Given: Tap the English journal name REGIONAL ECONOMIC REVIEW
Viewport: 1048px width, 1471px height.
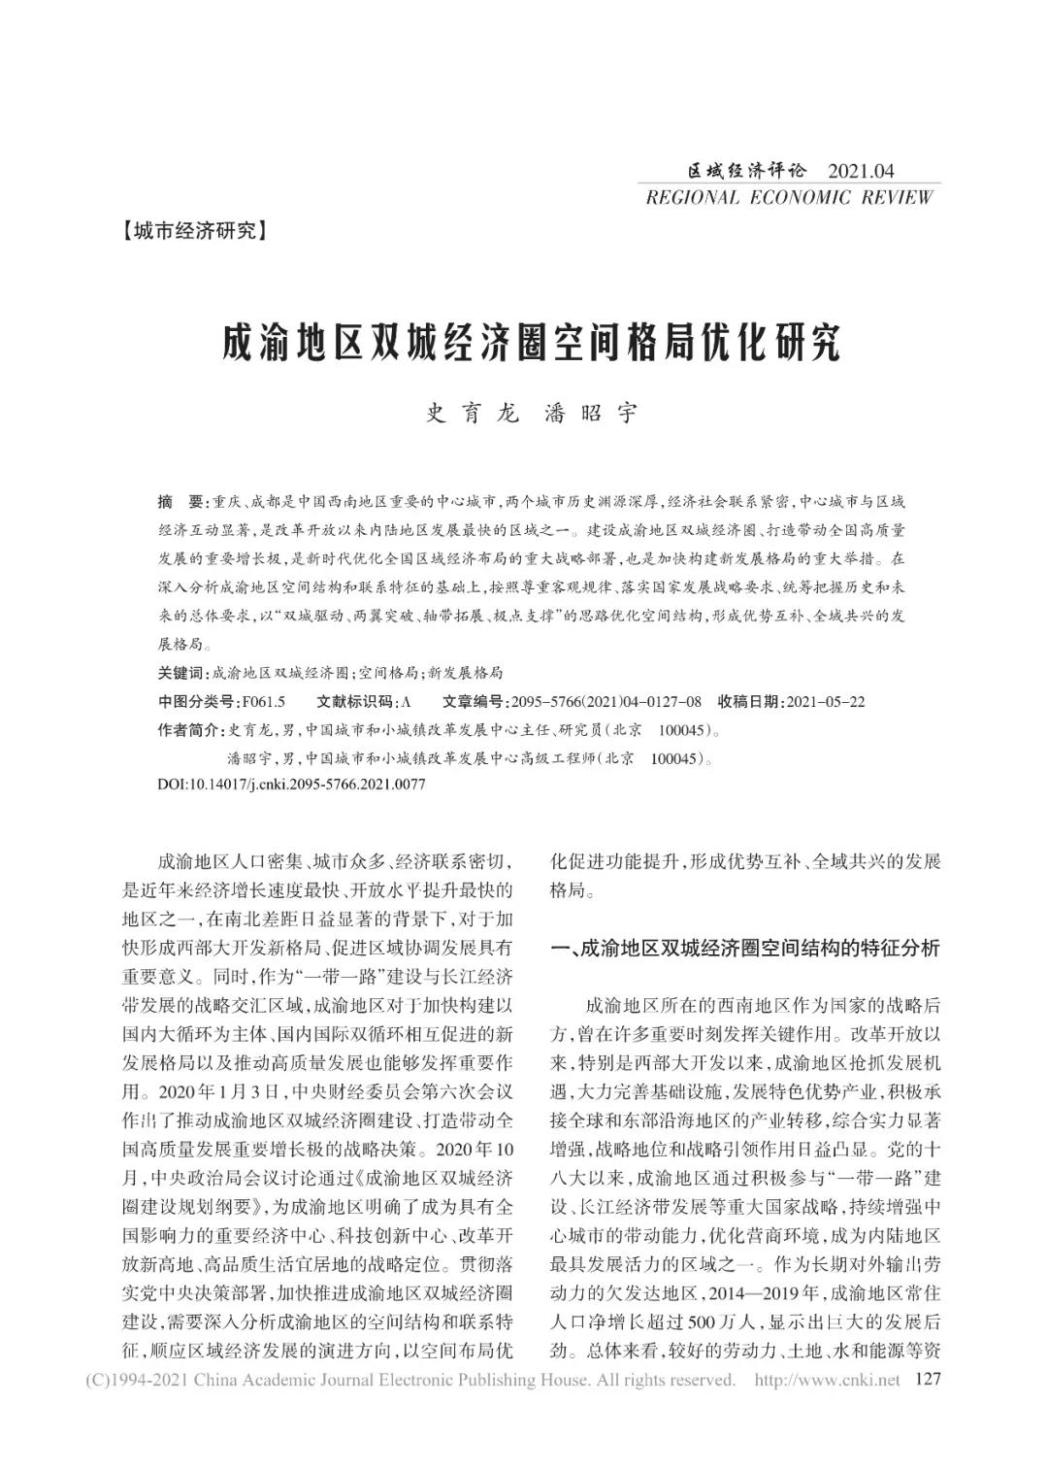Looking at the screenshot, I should tap(789, 197).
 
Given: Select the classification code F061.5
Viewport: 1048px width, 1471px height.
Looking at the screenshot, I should tap(264, 701).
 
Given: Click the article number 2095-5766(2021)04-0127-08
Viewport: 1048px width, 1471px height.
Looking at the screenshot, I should tap(605, 701).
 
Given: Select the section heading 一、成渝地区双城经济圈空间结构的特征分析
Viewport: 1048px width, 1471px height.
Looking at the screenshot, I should tap(745, 949).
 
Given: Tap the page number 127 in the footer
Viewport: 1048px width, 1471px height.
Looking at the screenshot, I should tap(929, 1380).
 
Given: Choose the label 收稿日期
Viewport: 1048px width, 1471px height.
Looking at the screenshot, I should tap(750, 701).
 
